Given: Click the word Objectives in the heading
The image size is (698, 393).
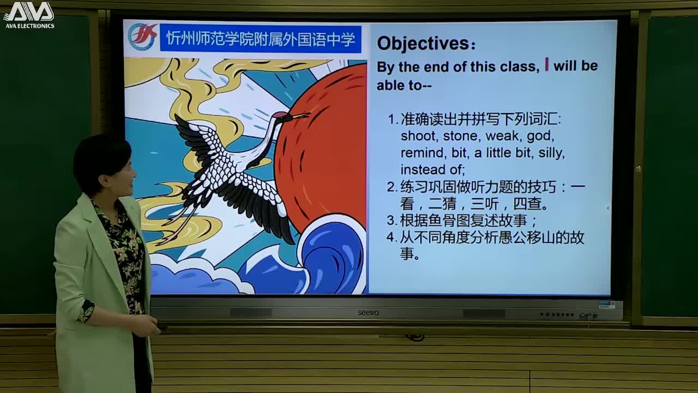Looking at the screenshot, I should click(x=423, y=44).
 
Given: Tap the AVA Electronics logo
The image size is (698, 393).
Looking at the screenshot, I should click(x=29, y=15).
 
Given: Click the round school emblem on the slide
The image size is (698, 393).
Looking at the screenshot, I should click(x=142, y=37).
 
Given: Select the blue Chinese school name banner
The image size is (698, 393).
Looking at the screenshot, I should click(x=261, y=39).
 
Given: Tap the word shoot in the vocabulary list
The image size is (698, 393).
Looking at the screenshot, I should click(x=417, y=136).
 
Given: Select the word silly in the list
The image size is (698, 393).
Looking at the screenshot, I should click(x=551, y=153).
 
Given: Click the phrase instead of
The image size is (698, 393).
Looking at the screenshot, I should click(x=432, y=170).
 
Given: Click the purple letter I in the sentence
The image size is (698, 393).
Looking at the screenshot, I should click(x=546, y=65).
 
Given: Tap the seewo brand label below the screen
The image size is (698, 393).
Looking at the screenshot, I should click(x=368, y=313).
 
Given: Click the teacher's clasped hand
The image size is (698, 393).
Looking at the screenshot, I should click(x=146, y=326).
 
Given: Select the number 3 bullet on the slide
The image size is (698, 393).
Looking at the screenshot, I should click(x=391, y=221).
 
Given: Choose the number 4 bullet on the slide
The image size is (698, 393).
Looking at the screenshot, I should click(x=391, y=237).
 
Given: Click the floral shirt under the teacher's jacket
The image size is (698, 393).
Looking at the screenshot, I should click(x=127, y=251).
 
